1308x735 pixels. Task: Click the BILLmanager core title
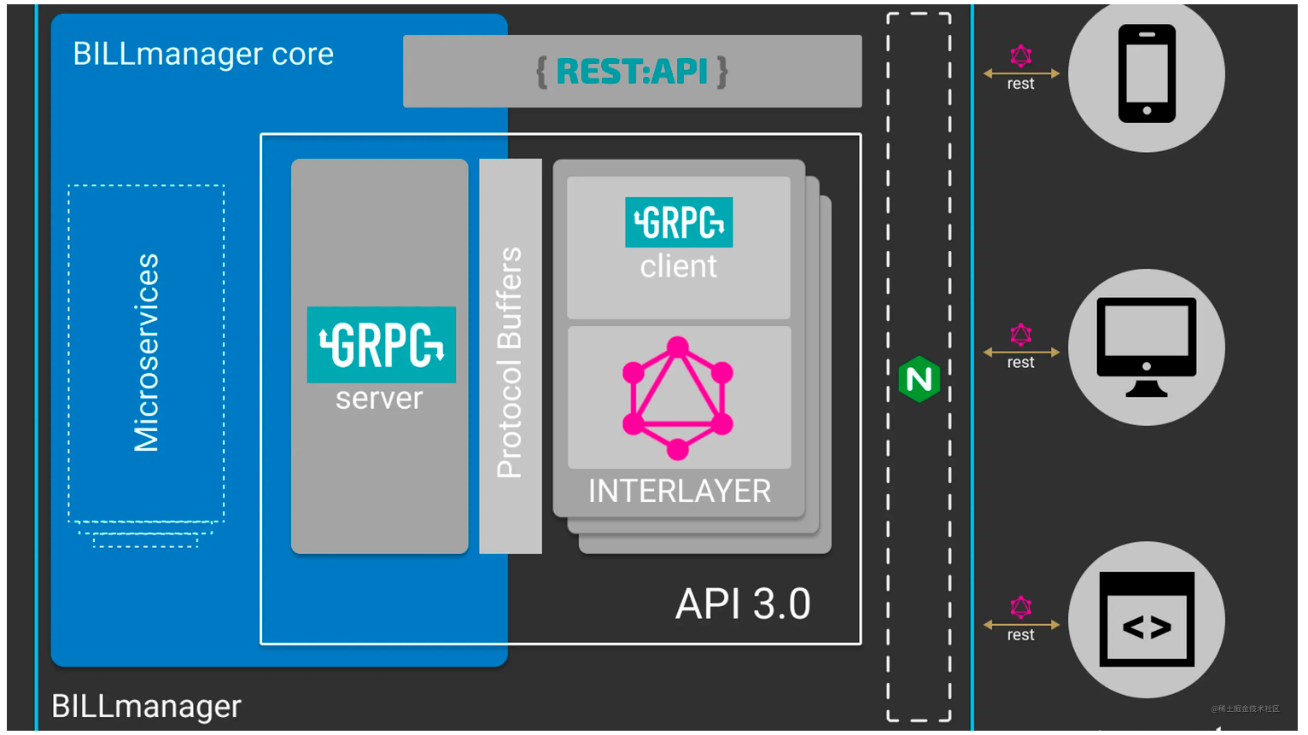[203, 54]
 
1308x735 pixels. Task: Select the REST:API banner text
[632, 72]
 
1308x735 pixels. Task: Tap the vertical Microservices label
[146, 352]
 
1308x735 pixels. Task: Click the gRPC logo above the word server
[381, 345]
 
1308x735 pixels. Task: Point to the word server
[379, 399]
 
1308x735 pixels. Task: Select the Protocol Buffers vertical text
[510, 362]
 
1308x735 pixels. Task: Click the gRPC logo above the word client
[679, 222]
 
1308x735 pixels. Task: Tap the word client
[679, 266]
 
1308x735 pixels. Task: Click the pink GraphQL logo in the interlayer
[678, 398]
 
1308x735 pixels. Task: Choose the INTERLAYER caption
[680, 491]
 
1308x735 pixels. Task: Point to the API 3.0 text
[743, 604]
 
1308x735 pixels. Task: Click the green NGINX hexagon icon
[919, 379]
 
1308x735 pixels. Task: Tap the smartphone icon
[1147, 73]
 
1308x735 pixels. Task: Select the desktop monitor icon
[1146, 347]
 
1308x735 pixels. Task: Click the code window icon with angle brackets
[1147, 620]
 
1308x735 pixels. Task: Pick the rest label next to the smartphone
[1020, 84]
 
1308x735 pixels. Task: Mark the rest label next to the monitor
[1020, 363]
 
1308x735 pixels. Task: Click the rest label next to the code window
[1020, 635]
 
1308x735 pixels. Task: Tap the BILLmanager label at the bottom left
[146, 707]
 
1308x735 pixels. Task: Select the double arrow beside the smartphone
[1021, 73]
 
